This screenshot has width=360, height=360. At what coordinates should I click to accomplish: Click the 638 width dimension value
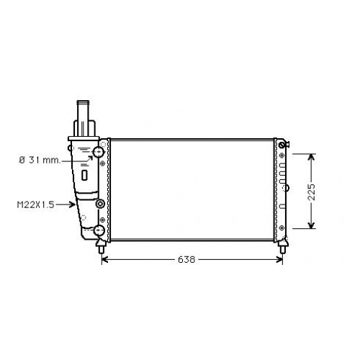186,259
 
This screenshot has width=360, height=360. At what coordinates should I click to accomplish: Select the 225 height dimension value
311,192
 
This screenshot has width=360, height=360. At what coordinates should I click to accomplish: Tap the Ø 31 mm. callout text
40,160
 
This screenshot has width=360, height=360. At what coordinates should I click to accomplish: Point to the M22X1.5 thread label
36,204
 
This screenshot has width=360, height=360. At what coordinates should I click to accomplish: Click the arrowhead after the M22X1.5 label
72,204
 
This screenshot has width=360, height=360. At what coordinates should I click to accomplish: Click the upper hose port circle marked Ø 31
99,151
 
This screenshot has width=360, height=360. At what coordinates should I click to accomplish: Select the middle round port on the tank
100,204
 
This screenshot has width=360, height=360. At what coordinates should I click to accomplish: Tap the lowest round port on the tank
99,230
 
